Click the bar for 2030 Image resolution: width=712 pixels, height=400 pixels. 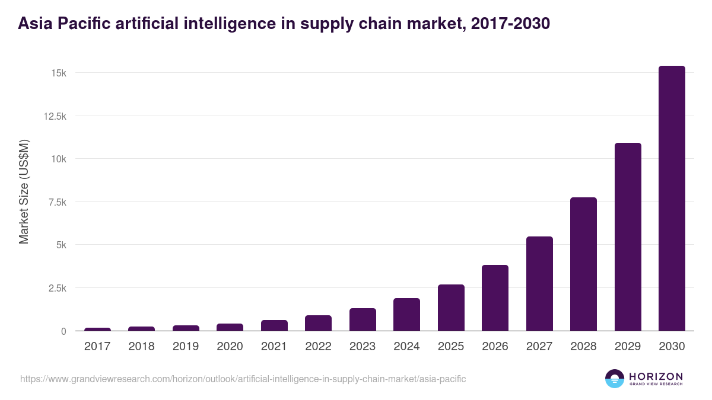[x=672, y=199]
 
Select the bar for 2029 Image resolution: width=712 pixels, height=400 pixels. [x=628, y=237]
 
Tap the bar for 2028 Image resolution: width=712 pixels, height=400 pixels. [x=583, y=264]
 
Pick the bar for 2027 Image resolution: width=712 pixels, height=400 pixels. [x=539, y=284]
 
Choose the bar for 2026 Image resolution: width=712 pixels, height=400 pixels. [x=495, y=298]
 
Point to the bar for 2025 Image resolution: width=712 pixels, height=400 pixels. [x=451, y=308]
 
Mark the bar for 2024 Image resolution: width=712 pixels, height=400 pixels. [x=406, y=315]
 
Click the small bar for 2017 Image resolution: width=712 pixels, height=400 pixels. [x=97, y=329]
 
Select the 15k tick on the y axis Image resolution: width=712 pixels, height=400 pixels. [x=58, y=73]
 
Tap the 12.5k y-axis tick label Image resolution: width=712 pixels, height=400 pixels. [x=55, y=116]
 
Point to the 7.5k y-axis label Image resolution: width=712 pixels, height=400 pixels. [x=56, y=202]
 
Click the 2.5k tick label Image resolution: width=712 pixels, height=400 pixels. [x=56, y=288]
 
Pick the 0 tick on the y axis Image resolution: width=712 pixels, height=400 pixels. [x=63, y=331]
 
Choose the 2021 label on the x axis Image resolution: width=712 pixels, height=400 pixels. [x=274, y=347]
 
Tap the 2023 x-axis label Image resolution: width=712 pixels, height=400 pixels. [x=363, y=347]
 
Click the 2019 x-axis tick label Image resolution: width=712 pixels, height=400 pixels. [x=186, y=347]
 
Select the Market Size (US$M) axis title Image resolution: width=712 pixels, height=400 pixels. [x=24, y=191]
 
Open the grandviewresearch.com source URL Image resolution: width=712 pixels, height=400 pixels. [x=243, y=379]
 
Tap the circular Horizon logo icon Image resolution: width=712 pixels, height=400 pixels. [x=615, y=378]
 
